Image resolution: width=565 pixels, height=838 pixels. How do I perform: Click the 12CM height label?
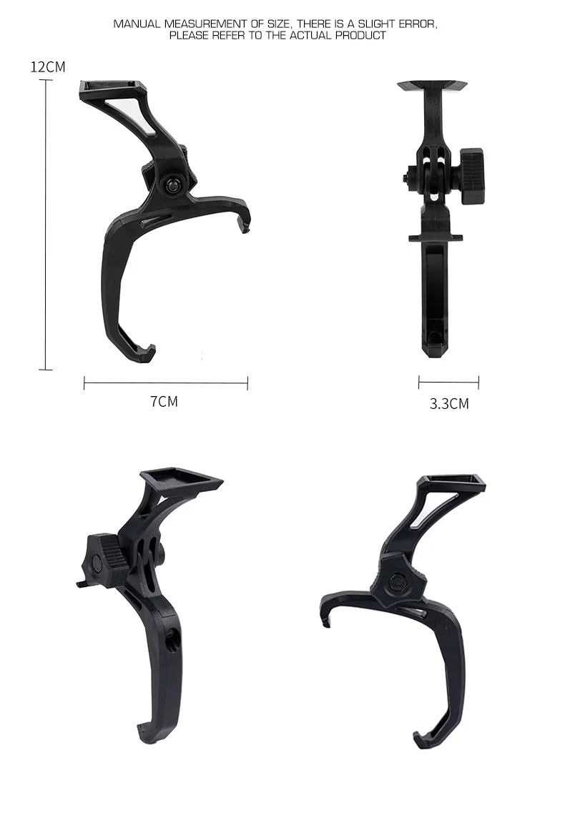click(48, 66)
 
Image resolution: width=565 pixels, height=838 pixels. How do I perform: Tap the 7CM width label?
click(164, 401)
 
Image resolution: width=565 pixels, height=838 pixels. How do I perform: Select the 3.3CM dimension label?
click(449, 403)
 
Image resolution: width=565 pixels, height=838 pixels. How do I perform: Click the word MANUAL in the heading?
click(137, 24)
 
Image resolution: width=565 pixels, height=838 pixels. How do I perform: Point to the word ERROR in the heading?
click(418, 24)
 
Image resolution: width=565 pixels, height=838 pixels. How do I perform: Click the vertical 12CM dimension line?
click(46, 225)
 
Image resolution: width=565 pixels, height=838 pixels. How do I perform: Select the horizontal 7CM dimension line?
click(166, 383)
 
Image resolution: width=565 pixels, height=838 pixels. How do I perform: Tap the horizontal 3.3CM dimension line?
click(448, 382)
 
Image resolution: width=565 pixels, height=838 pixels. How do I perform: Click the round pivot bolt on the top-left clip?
click(172, 185)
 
